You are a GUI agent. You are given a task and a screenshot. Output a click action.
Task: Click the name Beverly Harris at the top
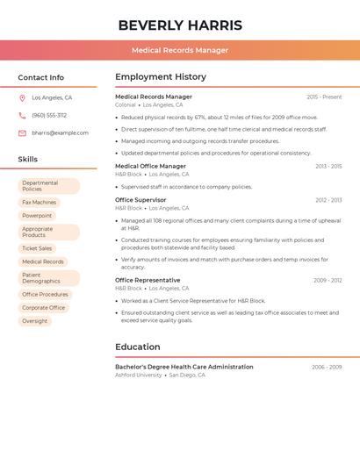(x=180, y=25)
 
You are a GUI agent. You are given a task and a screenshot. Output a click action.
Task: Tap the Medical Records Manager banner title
(x=180, y=50)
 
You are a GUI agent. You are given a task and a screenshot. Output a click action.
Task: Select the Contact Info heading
(x=41, y=77)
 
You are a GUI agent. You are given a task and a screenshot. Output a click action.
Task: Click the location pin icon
(x=22, y=97)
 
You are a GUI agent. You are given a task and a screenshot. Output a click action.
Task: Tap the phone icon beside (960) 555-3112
(x=22, y=115)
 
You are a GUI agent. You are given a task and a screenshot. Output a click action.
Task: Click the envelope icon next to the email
(x=22, y=132)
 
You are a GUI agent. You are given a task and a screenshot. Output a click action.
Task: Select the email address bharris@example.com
(x=60, y=132)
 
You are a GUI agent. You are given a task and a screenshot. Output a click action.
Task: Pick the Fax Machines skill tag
(x=39, y=202)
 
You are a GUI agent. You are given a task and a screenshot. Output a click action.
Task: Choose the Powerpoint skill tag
(x=37, y=215)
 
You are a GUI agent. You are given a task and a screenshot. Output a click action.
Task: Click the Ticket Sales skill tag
(x=37, y=248)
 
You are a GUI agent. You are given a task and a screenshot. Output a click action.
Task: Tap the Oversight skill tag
(x=35, y=321)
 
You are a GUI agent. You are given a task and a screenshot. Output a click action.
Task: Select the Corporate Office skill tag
(x=44, y=308)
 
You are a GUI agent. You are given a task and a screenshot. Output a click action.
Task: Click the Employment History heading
(x=161, y=77)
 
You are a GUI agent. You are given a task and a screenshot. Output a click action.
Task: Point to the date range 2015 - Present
(x=324, y=97)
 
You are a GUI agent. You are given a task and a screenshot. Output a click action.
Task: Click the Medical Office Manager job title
(x=150, y=166)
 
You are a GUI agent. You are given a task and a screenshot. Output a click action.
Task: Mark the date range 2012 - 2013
(x=328, y=200)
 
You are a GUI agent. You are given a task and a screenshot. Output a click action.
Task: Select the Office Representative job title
(x=148, y=280)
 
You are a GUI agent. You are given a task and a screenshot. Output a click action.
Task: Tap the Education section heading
(x=138, y=347)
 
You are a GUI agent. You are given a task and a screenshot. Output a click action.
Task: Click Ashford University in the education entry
(x=139, y=375)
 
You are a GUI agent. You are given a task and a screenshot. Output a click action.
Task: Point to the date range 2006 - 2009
(x=327, y=367)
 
